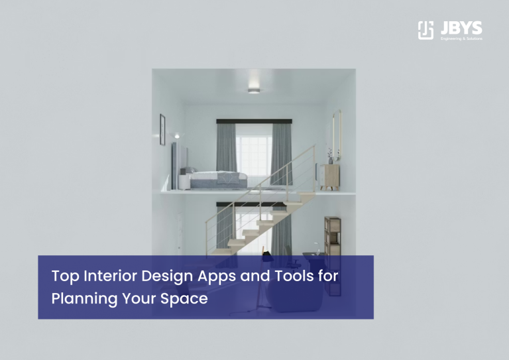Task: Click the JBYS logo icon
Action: click(x=425, y=30)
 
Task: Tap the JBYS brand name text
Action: click(x=460, y=28)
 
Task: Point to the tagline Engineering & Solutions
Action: click(x=461, y=38)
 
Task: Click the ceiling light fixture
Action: click(x=254, y=90)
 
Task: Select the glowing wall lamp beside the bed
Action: click(x=176, y=137)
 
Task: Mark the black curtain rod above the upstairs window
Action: click(x=254, y=121)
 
